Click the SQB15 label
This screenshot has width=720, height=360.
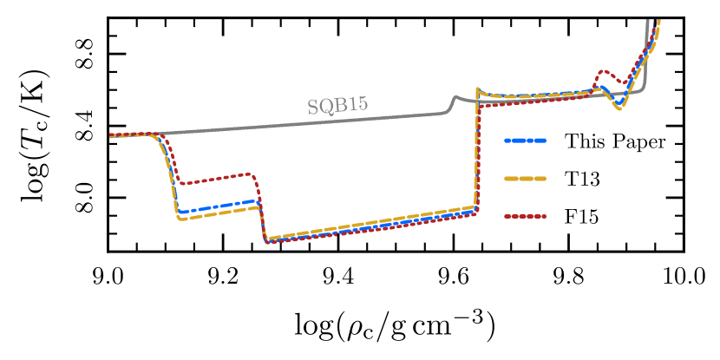(x=337, y=106)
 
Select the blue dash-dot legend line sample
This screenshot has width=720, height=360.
(x=525, y=140)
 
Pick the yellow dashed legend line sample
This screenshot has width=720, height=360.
(x=525, y=179)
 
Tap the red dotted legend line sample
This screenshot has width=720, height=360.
(x=525, y=216)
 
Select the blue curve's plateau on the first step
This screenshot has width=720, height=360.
(x=217, y=206)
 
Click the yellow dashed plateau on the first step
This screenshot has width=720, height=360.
(x=217, y=213)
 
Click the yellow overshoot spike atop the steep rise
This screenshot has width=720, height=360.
(x=477, y=88)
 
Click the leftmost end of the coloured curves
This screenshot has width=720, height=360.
(x=111, y=136)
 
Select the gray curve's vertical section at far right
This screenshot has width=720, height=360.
(x=647, y=52)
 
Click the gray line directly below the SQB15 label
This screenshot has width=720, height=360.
(x=338, y=121)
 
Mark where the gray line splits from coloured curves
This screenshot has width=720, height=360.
(x=160, y=134)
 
